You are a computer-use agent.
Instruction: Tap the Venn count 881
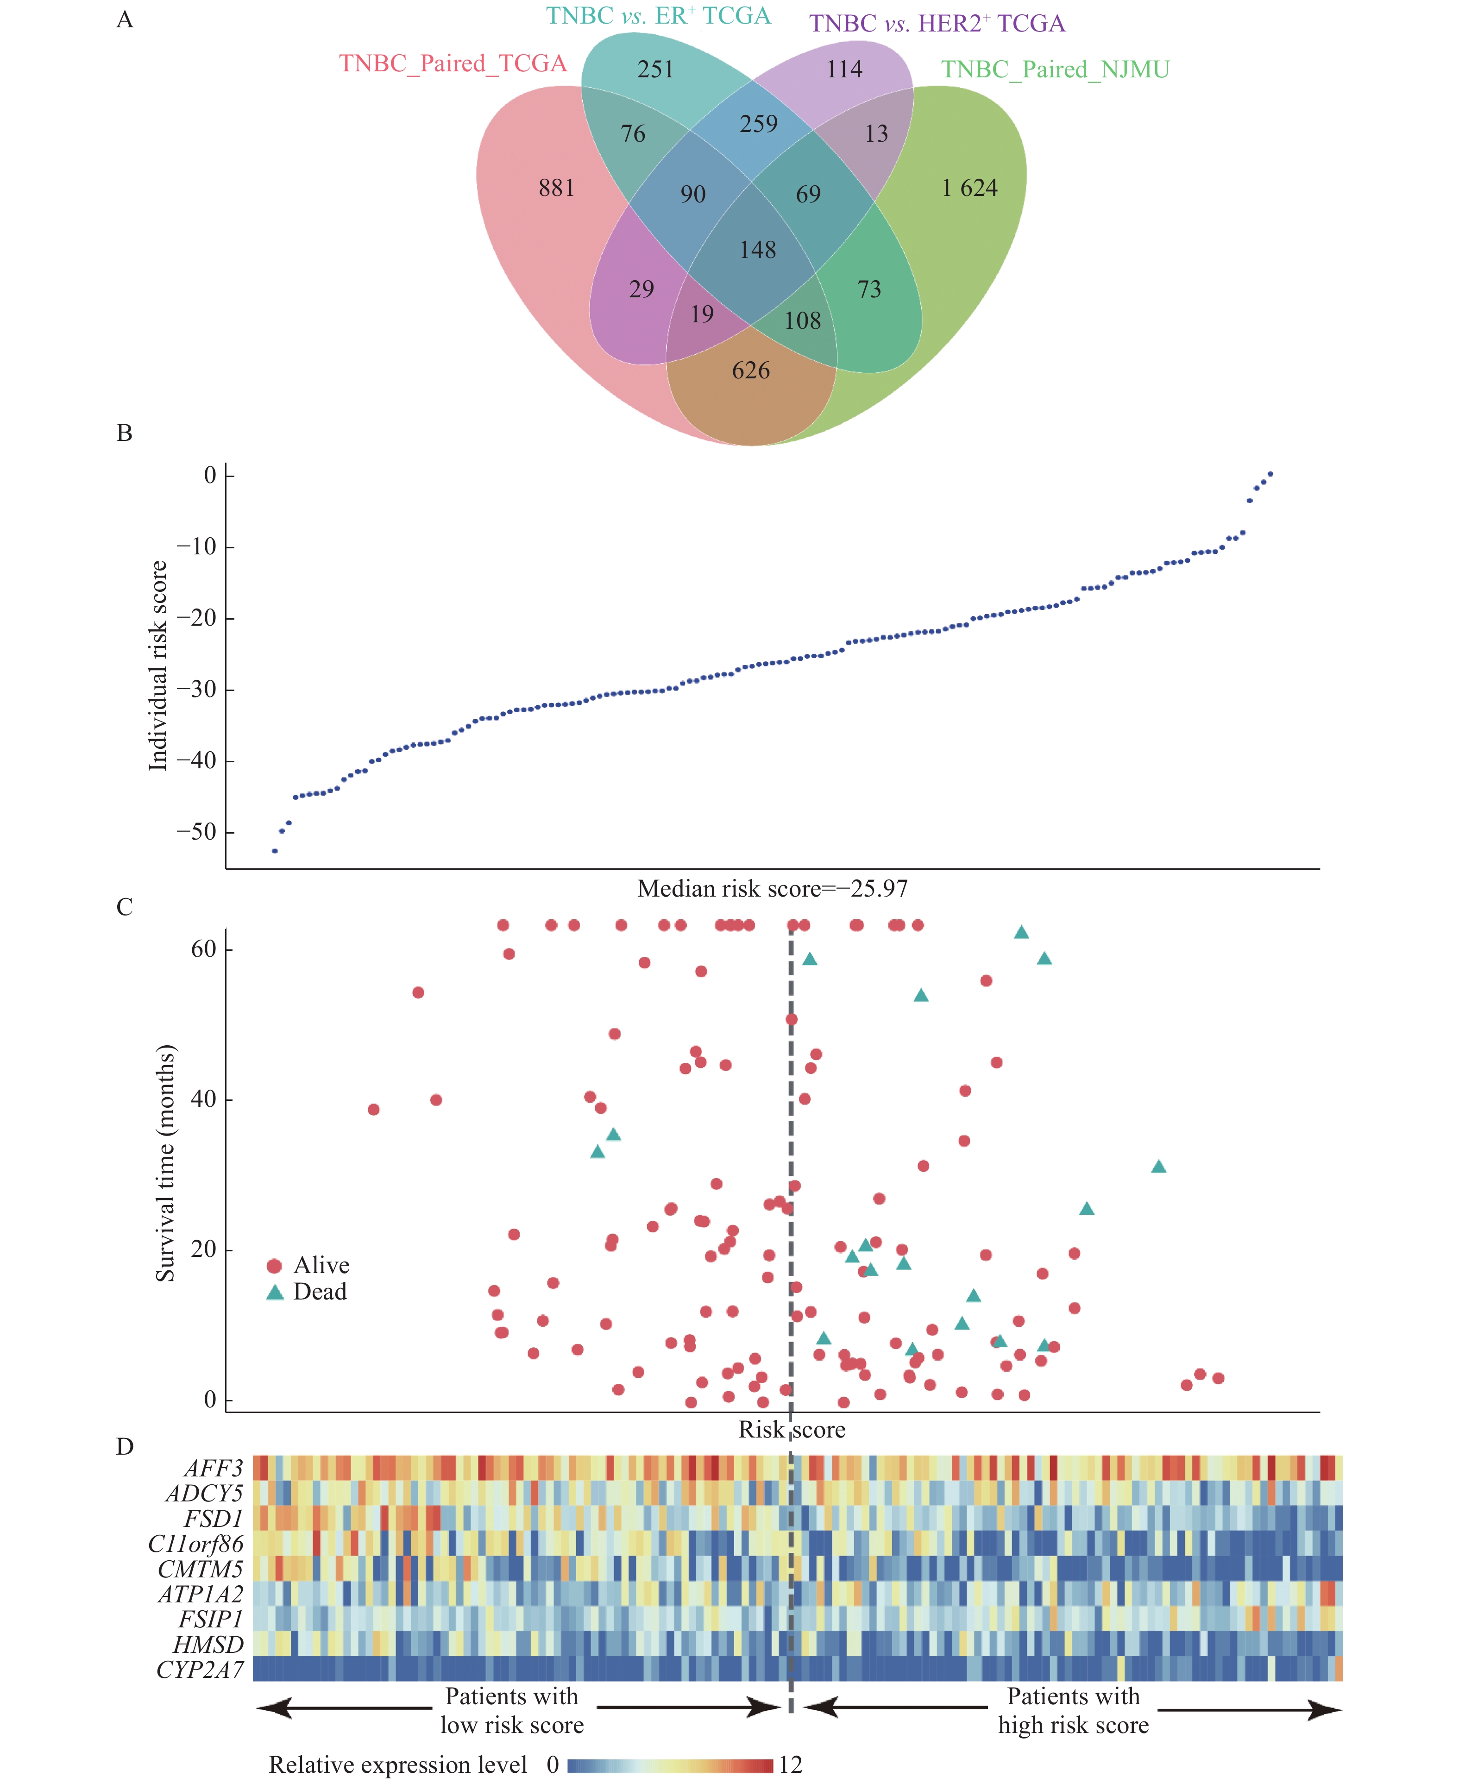click(x=556, y=188)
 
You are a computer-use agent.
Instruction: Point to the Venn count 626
click(x=750, y=370)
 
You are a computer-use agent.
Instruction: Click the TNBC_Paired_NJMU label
click(x=1055, y=70)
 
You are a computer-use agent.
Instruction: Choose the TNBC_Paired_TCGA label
click(x=453, y=64)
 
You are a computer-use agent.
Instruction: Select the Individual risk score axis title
click(x=158, y=665)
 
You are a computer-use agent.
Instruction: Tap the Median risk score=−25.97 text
click(x=773, y=889)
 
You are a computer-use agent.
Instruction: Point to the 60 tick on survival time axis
click(x=203, y=949)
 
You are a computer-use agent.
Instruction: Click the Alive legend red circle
click(x=274, y=1266)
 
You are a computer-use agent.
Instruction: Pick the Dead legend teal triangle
click(x=275, y=1292)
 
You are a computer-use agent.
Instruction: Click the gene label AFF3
click(x=214, y=1469)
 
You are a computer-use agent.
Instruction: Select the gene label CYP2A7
click(x=200, y=1670)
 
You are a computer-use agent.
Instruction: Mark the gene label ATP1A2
click(x=201, y=1594)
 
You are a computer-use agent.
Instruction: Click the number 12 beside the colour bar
click(x=791, y=1764)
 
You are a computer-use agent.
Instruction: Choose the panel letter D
click(x=125, y=1447)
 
